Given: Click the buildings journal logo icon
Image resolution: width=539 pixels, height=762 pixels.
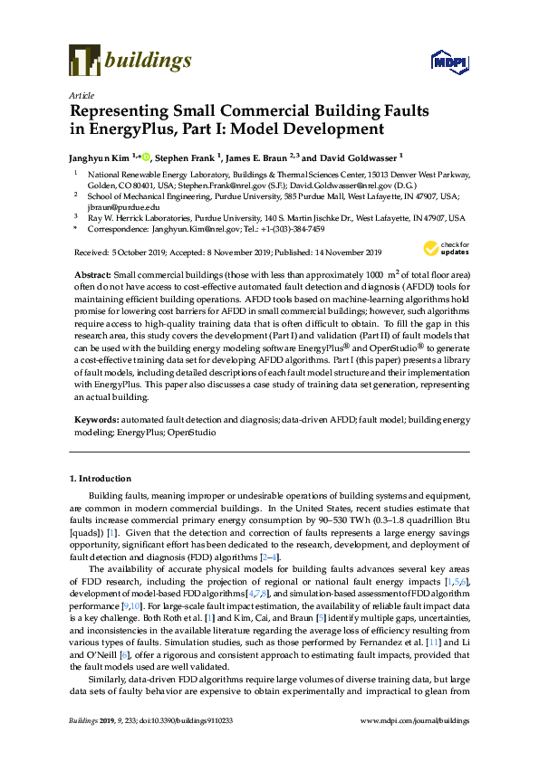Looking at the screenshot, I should pos(84,62).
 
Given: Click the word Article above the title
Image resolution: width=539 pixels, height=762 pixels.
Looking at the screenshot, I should pos(82,94).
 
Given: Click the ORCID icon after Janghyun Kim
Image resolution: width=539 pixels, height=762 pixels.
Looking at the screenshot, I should pos(148,155).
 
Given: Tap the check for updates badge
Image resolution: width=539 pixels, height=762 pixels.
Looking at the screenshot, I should pos(444,250).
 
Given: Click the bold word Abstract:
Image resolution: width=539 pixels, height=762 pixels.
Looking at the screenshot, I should pos(91,273).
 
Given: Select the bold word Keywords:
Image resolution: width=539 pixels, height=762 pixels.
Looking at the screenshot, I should pos(95,421).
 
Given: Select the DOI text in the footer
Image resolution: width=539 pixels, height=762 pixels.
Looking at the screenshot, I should pos(204,745).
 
